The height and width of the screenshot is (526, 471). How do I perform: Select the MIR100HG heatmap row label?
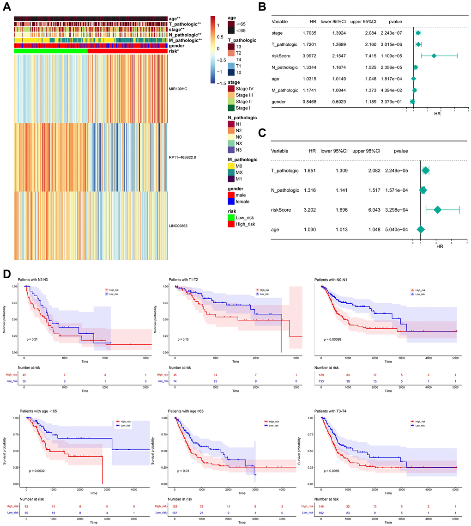point(181,86)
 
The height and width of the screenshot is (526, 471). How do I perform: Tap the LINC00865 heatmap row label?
point(181,226)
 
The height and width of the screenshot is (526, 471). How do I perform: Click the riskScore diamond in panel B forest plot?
point(435,55)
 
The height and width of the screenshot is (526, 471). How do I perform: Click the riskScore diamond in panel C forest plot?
point(438,210)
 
